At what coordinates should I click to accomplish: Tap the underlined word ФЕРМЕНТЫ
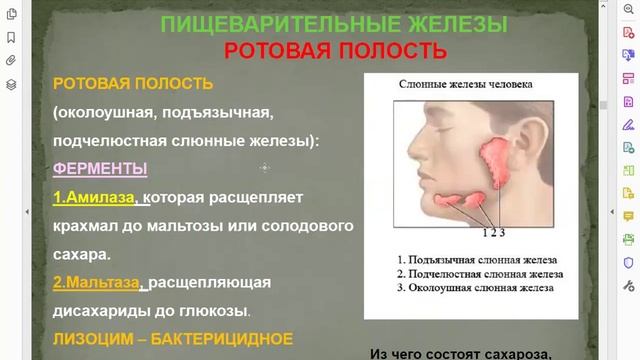(x=100, y=169)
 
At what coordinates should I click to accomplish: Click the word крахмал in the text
(x=86, y=226)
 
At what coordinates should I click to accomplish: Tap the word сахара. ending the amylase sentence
(x=79, y=254)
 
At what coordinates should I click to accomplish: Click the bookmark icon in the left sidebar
(x=10, y=38)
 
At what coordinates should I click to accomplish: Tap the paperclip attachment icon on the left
(x=10, y=61)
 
